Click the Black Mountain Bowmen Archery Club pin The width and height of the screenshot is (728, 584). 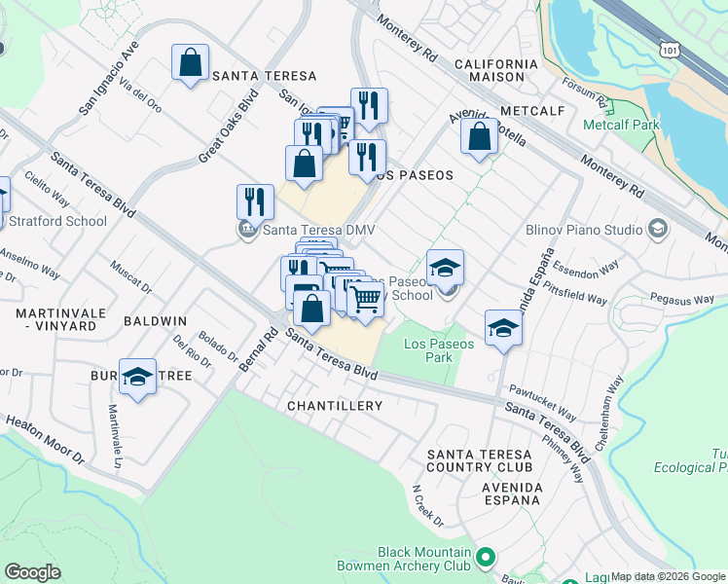(487, 558)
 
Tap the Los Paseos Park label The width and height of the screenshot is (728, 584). (439, 350)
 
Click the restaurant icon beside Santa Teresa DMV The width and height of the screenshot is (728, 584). (255, 201)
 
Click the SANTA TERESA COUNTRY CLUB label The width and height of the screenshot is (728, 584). (481, 461)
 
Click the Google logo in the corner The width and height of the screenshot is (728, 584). (32, 572)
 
